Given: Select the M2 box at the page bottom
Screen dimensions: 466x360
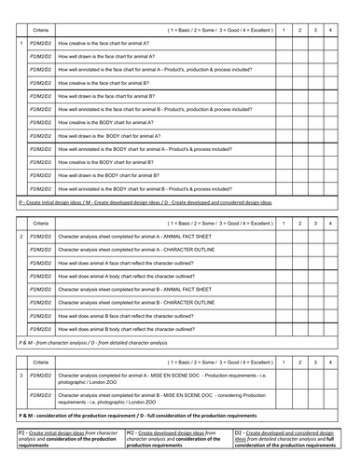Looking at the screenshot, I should tap(176, 440).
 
